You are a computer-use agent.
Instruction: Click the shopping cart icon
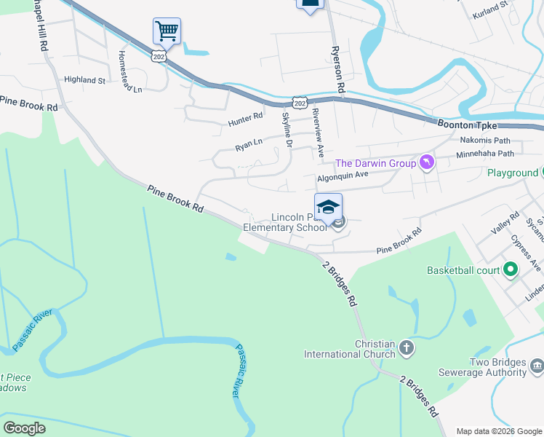click(x=167, y=31)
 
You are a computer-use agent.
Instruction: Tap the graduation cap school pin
click(x=328, y=206)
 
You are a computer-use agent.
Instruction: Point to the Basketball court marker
click(x=510, y=270)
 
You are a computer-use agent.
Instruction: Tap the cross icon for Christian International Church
click(x=406, y=349)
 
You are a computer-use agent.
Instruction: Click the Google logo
click(x=24, y=428)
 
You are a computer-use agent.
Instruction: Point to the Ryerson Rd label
click(x=338, y=68)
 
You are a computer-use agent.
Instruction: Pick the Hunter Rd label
click(x=244, y=117)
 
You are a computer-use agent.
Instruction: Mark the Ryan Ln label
click(x=249, y=146)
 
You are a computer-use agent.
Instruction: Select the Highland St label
click(x=85, y=79)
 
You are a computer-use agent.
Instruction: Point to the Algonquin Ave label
click(x=343, y=176)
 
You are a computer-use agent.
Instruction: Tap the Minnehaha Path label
click(x=484, y=154)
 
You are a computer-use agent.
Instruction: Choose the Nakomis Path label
click(x=485, y=140)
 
